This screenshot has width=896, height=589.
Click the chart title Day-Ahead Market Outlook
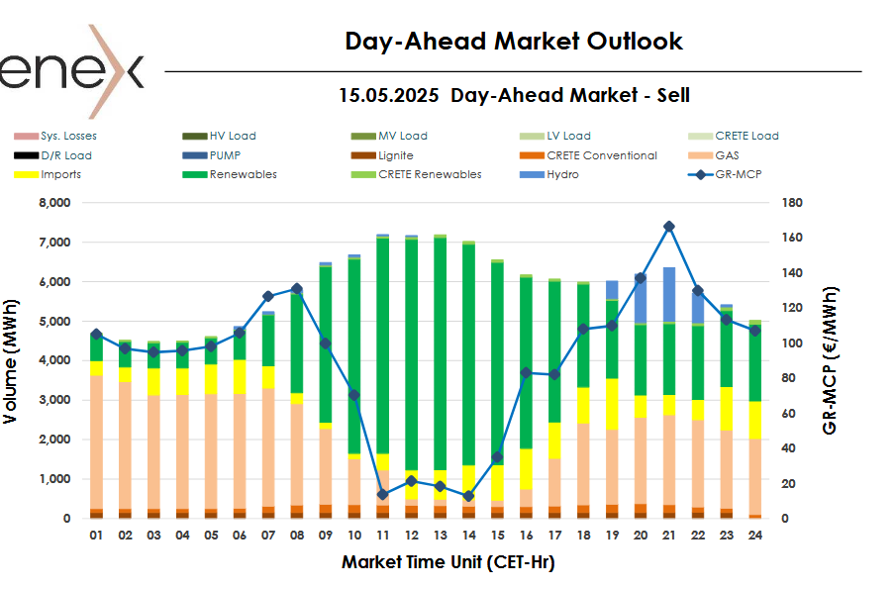(x=513, y=42)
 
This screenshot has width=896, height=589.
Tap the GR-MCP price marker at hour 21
(x=669, y=227)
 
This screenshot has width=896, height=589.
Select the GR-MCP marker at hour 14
(x=468, y=496)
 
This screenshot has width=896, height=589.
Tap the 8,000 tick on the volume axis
(x=53, y=203)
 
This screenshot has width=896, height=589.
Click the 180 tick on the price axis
(x=792, y=203)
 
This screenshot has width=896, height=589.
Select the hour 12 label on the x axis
(x=411, y=535)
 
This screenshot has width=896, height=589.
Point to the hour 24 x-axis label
(x=754, y=535)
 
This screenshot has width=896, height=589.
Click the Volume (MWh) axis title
(x=11, y=360)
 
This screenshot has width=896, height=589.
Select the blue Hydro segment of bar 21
(x=669, y=295)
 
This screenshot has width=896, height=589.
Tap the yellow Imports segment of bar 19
(x=612, y=403)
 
